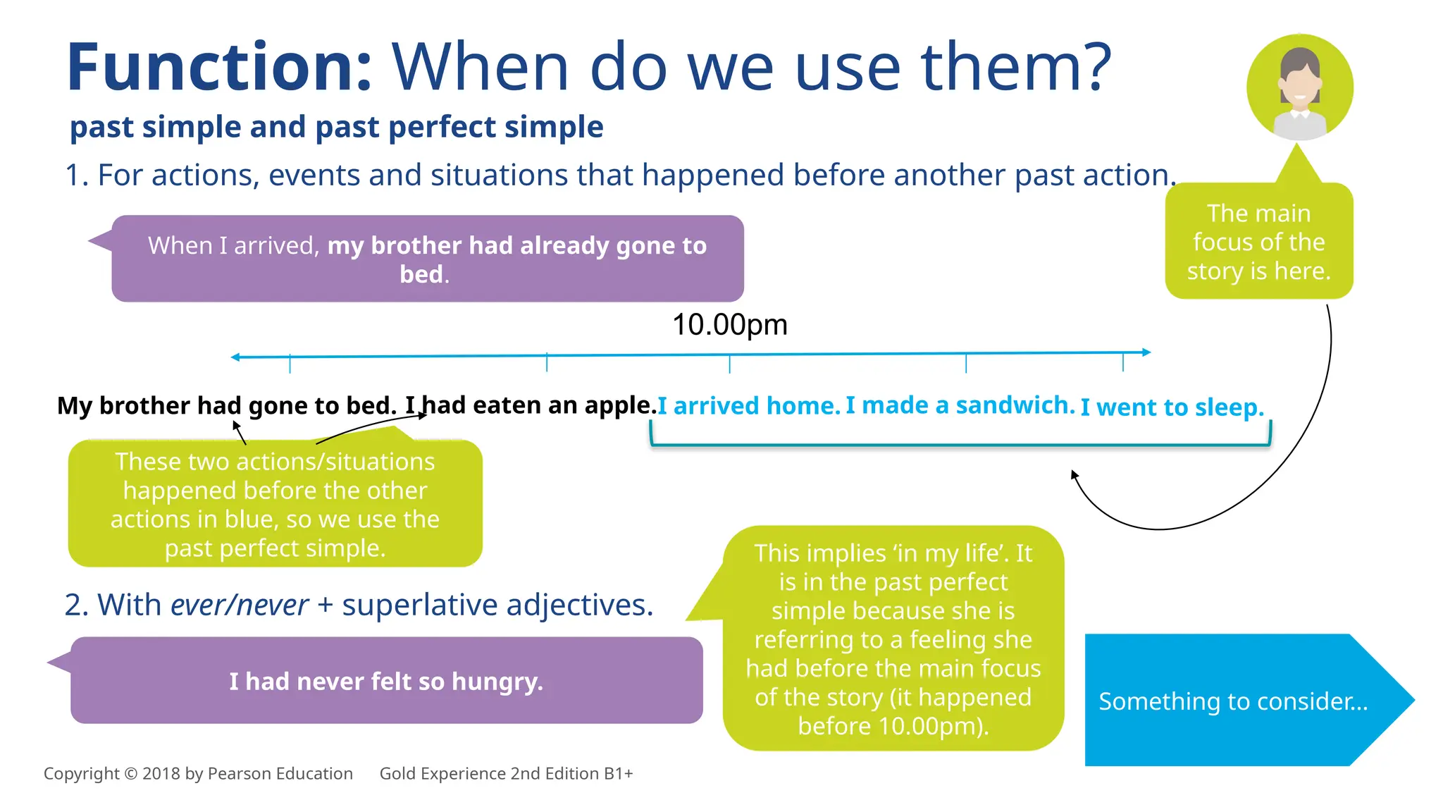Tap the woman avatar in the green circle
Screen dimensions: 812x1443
click(x=1299, y=88)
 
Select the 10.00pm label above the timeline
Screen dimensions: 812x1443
click(x=729, y=325)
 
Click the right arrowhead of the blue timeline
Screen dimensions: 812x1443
click(x=1146, y=352)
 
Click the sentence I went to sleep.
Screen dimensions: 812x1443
click(x=1172, y=407)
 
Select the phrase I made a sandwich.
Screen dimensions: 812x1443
click(x=960, y=405)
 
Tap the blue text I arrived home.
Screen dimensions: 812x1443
click(x=749, y=406)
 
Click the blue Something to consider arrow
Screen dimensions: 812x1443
click(x=1233, y=701)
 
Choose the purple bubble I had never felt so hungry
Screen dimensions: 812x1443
click(x=386, y=681)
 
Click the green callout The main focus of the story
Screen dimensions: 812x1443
click(x=1258, y=242)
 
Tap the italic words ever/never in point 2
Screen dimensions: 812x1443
click(x=239, y=605)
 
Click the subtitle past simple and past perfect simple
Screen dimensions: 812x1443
click(x=336, y=127)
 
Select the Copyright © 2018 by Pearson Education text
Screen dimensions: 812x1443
click(x=198, y=773)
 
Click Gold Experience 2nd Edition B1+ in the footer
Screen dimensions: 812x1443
click(x=506, y=773)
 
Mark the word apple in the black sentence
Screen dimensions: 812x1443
click(x=618, y=405)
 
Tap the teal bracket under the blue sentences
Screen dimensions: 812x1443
click(x=960, y=445)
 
